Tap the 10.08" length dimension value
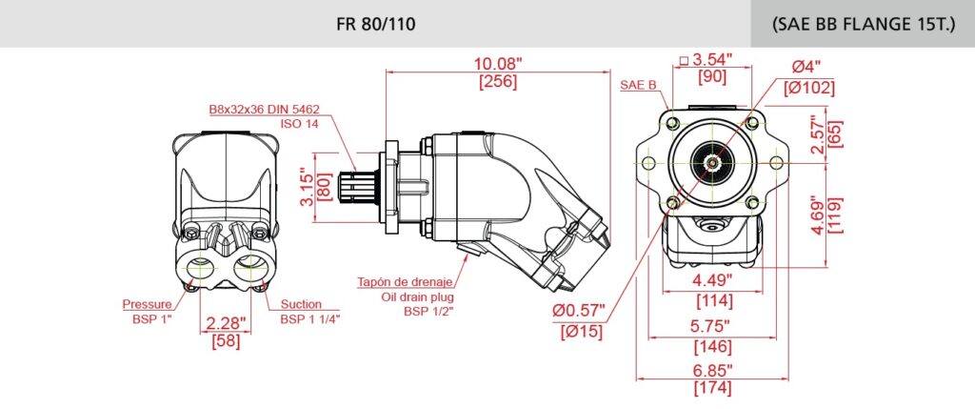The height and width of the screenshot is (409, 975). pyautogui.click(x=498, y=63)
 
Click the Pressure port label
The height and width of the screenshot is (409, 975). pyautogui.click(x=147, y=304)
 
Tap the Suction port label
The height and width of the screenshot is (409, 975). pyautogui.click(x=301, y=304)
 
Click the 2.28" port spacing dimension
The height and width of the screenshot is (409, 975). pyautogui.click(x=225, y=323)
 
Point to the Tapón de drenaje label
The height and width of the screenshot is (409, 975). pyautogui.click(x=405, y=282)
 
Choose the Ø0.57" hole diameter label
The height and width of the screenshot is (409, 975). pyautogui.click(x=581, y=311)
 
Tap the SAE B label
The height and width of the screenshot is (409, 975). pyautogui.click(x=639, y=84)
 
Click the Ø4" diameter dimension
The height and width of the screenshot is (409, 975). pyautogui.click(x=806, y=68)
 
